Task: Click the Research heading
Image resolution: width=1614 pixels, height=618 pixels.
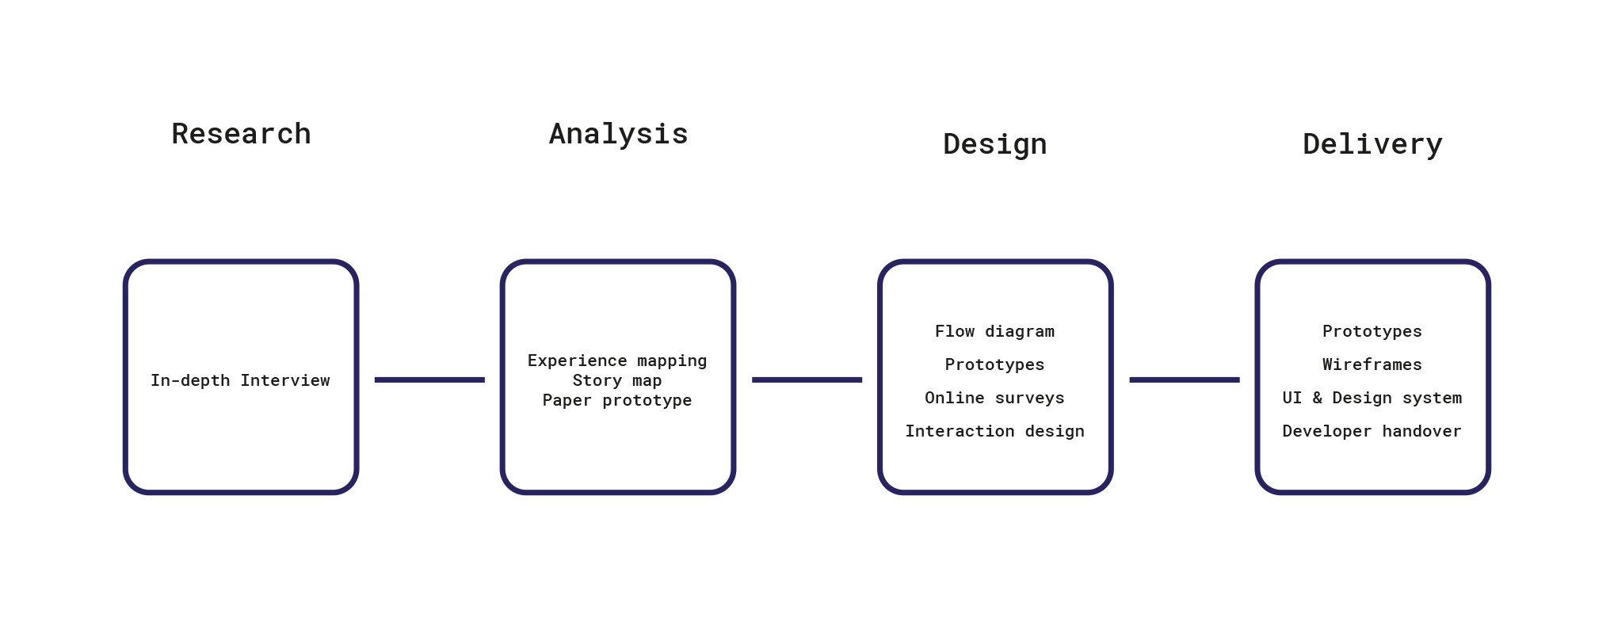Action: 241,134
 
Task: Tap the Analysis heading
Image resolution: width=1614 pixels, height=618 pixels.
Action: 618,134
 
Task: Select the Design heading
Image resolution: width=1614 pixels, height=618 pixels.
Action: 994,144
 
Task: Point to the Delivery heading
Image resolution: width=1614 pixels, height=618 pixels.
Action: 1372,144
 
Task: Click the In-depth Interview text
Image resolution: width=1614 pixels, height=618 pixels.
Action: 240,380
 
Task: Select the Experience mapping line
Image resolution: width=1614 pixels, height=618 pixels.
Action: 616,360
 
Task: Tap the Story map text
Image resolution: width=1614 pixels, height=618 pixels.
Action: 616,380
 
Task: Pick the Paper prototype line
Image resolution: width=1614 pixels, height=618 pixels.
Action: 616,400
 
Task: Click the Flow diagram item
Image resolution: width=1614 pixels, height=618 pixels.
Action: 994,331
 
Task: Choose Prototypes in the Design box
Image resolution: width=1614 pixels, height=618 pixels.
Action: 994,364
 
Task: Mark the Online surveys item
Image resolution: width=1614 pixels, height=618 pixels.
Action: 994,398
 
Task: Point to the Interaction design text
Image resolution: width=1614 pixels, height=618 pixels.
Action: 994,431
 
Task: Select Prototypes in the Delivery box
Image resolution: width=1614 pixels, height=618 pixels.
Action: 1372,331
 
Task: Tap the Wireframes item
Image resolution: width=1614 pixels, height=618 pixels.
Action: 1372,364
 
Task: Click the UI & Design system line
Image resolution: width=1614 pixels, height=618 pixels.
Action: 1372,398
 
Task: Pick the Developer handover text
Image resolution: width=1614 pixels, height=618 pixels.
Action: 1372,431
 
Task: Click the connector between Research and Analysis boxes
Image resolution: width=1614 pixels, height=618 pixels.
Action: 429,380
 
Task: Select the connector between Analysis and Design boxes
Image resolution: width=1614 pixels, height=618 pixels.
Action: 807,380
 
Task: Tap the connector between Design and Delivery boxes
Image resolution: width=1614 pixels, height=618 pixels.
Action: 1184,380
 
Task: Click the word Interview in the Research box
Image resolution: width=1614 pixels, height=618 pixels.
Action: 285,380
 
